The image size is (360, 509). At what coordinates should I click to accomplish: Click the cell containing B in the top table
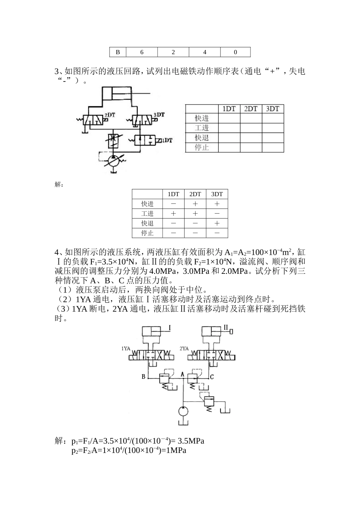tap(117, 52)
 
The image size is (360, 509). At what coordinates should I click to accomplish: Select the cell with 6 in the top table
tap(142, 52)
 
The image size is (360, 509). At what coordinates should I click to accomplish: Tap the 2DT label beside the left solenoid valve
tap(110, 114)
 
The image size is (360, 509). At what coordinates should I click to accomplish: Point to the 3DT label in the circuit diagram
tap(159, 114)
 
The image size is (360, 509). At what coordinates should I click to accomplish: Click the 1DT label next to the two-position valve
tap(167, 141)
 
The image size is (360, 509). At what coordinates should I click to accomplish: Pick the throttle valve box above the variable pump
tap(113, 140)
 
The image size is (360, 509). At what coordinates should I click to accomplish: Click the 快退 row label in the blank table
tap(202, 138)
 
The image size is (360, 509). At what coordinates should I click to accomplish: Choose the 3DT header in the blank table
tap(272, 109)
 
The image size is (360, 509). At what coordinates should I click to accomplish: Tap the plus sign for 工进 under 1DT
tap(174, 214)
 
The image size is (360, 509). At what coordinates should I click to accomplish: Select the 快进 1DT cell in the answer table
tap(174, 204)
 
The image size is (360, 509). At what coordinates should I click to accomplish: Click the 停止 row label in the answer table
tap(147, 233)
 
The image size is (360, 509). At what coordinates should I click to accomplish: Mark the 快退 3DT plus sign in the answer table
tap(217, 223)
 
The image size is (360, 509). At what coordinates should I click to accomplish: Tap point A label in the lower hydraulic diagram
tap(182, 374)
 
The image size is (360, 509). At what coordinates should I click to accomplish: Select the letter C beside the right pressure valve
tap(212, 377)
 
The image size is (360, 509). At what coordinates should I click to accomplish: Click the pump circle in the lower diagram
tap(183, 412)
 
